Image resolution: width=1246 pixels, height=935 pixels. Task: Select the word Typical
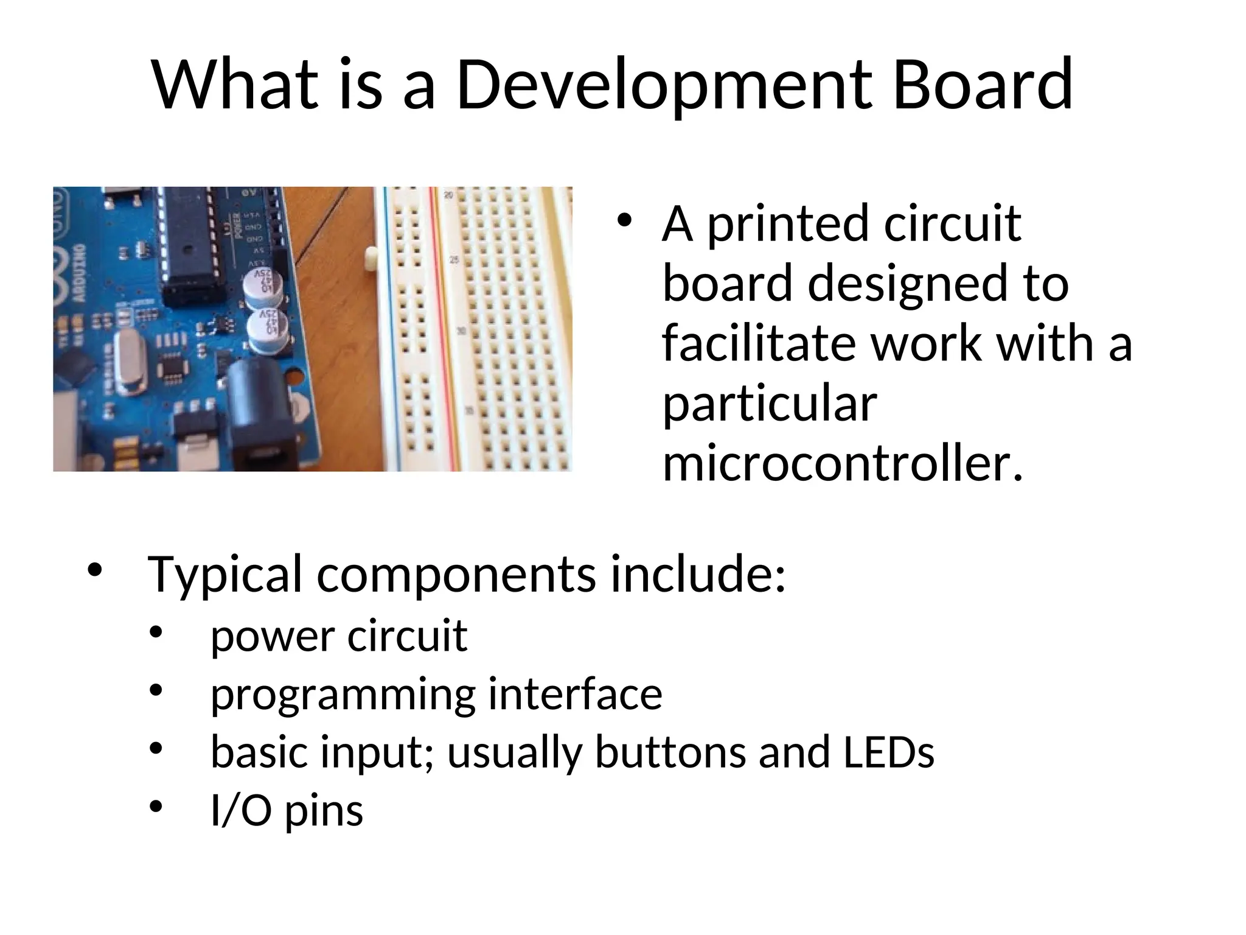(x=224, y=575)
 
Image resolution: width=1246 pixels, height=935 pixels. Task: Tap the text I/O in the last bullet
(x=241, y=811)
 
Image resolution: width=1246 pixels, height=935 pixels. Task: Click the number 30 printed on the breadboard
(x=462, y=332)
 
